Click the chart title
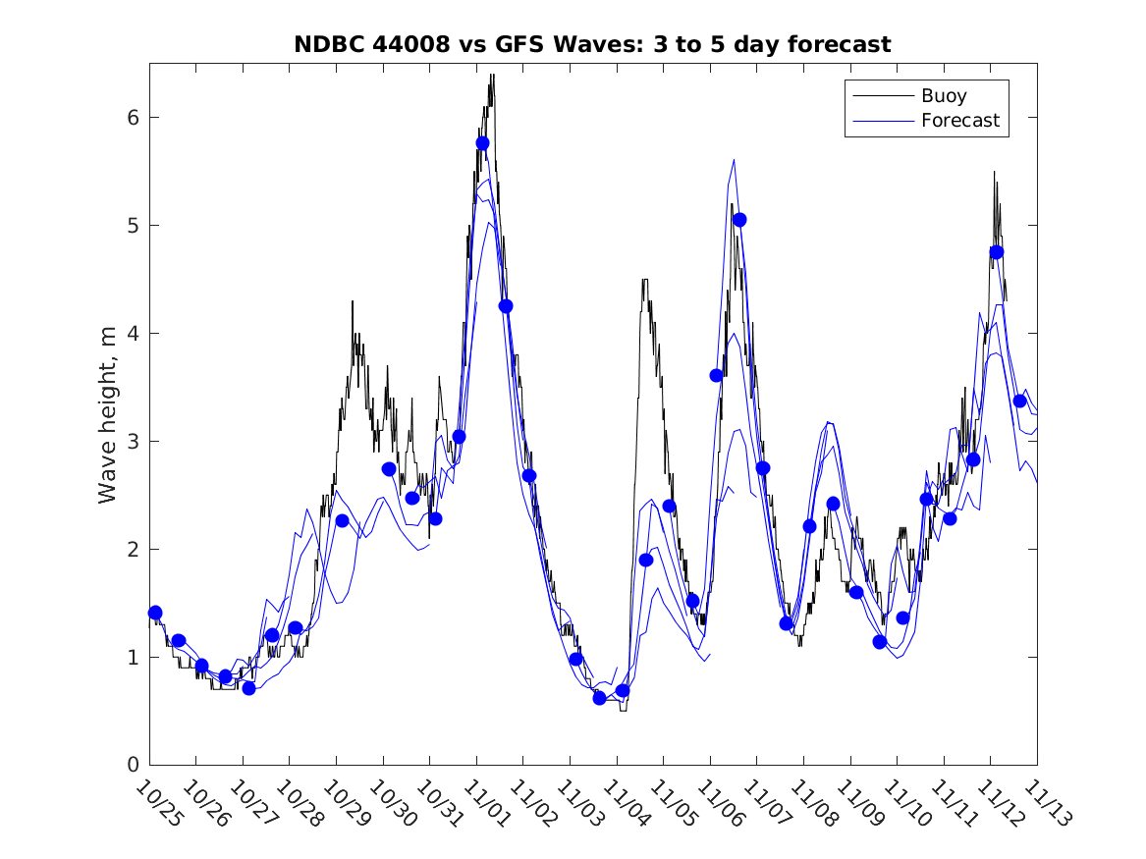[x=592, y=45]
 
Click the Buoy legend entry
[x=943, y=96]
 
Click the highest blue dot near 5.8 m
[x=482, y=143]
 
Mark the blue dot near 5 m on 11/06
[x=739, y=220]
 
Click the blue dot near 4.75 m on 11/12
[x=997, y=252]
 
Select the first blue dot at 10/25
[x=155, y=613]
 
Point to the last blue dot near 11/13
[x=1019, y=401]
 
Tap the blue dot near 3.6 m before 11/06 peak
[x=716, y=375]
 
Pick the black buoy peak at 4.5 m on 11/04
[x=644, y=280]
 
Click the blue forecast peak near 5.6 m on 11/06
[x=733, y=160]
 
